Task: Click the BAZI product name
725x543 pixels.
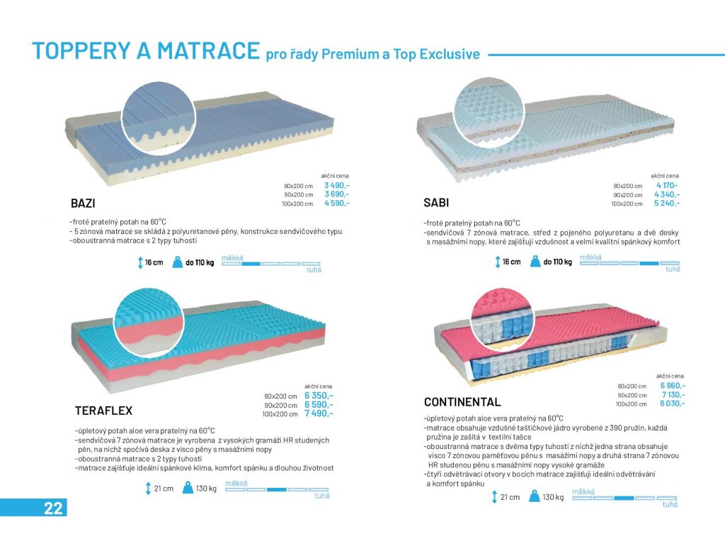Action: pyautogui.click(x=83, y=203)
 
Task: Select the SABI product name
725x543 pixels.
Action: pyautogui.click(x=436, y=203)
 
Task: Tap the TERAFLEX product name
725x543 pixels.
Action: pyautogui.click(x=103, y=411)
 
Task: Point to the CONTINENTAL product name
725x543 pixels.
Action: pyautogui.click(x=462, y=402)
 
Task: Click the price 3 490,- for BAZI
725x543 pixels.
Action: pyautogui.click(x=336, y=186)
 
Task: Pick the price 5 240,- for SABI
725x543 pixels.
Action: pyautogui.click(x=667, y=203)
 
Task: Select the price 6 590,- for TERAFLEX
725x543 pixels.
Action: pyautogui.click(x=319, y=404)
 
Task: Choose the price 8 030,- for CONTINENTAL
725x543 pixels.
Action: pyautogui.click(x=673, y=404)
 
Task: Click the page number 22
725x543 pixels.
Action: pyautogui.click(x=53, y=508)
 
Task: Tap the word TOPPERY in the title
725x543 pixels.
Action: pyautogui.click(x=81, y=51)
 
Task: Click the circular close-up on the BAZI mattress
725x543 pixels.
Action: pyautogui.click(x=159, y=119)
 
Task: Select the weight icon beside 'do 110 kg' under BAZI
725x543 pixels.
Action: pyautogui.click(x=178, y=262)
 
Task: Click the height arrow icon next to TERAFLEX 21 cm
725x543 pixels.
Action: pyautogui.click(x=148, y=489)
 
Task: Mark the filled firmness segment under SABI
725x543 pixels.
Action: pyautogui.click(x=649, y=263)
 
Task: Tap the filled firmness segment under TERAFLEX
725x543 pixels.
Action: pyautogui.click(x=277, y=489)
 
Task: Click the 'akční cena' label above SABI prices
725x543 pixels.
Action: pyautogui.click(x=665, y=176)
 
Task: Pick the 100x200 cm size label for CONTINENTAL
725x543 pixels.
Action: pyautogui.click(x=631, y=404)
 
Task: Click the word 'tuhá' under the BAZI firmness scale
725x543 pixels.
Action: pyautogui.click(x=314, y=269)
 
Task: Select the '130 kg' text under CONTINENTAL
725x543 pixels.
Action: pyautogui.click(x=553, y=497)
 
